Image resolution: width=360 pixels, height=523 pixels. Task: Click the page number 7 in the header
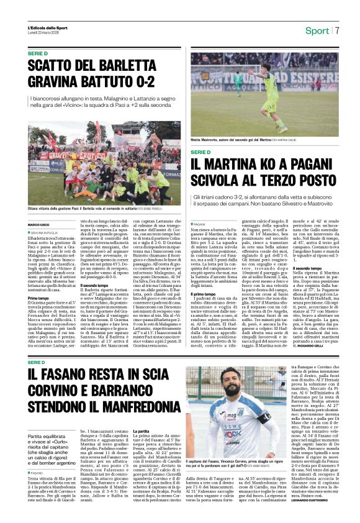coord(338,30)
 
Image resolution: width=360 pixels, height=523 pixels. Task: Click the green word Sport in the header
coord(317,30)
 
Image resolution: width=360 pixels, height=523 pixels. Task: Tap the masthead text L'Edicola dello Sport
coord(48,27)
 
